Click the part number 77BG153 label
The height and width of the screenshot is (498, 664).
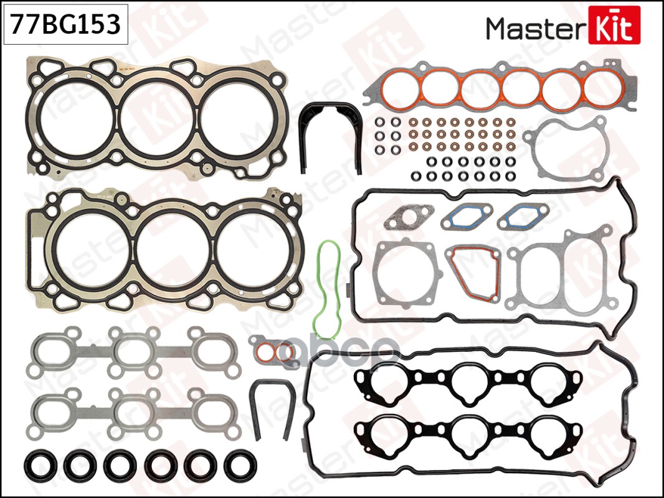65,24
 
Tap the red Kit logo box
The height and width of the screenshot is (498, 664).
614,25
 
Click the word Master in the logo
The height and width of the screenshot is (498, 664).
536,28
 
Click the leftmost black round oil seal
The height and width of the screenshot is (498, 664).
40,465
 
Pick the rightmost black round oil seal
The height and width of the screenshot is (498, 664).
240,465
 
